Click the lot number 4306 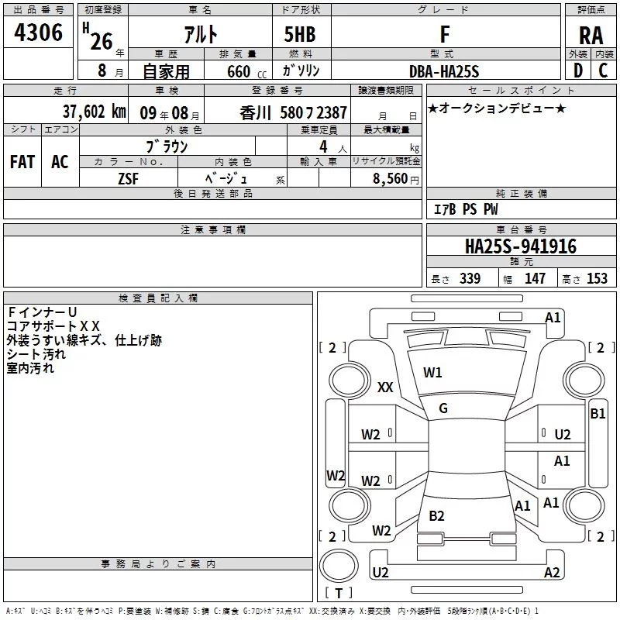[39, 33]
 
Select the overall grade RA [591, 36]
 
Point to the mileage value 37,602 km [92, 112]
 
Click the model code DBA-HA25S [444, 71]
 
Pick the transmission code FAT [22, 161]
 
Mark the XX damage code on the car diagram [385, 387]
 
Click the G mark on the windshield [443, 408]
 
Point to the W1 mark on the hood [432, 373]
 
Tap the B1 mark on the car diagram [598, 414]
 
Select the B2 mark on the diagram [436, 516]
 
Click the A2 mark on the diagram [552, 573]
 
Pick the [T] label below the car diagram [338, 594]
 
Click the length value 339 [470, 279]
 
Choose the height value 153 [597, 279]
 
